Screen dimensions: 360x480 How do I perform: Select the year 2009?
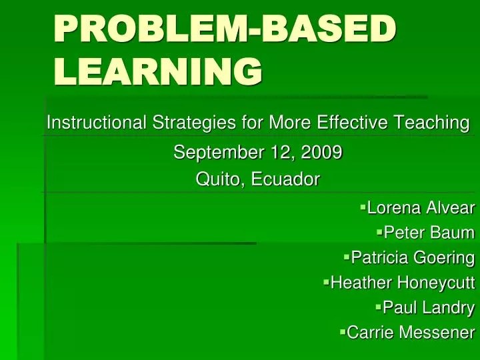[321, 153]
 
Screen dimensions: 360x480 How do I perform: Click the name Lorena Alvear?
[421, 208]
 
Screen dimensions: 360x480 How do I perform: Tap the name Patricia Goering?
[413, 257]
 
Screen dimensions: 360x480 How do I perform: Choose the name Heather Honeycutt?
[403, 283]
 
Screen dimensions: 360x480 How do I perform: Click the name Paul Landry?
[429, 307]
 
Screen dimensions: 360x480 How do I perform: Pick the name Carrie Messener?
[411, 332]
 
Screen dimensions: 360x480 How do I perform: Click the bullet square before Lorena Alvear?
[363, 207]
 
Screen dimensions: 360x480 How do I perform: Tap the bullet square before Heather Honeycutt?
[327, 282]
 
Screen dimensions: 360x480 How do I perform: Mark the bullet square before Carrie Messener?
[343, 331]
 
